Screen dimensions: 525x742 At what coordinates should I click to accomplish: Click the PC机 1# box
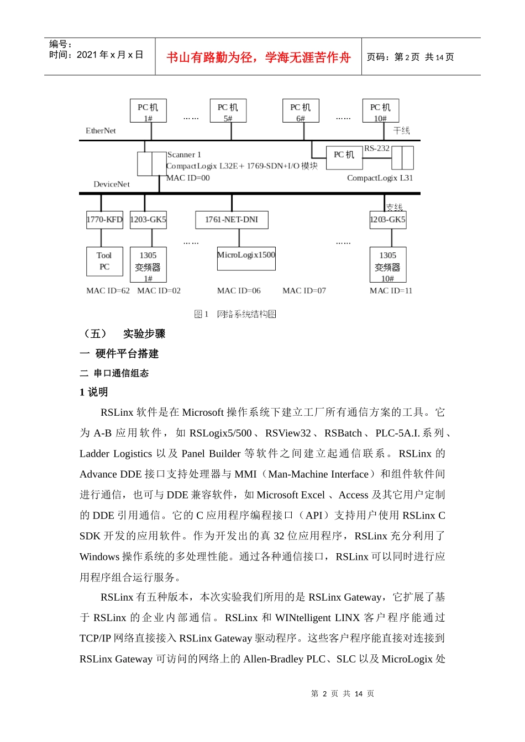[x=148, y=111]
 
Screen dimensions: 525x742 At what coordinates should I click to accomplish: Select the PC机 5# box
[x=228, y=111]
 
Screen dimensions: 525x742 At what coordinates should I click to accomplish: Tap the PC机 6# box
[x=301, y=111]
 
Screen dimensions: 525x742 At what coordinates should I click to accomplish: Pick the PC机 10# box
[x=380, y=111]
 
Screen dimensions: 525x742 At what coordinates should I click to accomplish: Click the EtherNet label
[x=101, y=131]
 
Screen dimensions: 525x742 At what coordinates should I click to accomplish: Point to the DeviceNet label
[x=112, y=184]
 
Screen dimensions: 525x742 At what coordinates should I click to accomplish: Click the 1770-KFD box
[x=104, y=220]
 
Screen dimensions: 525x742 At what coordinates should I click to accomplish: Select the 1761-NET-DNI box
[x=232, y=220]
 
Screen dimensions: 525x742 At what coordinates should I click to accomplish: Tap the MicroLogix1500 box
[x=246, y=258]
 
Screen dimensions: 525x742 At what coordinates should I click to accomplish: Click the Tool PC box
[x=104, y=261]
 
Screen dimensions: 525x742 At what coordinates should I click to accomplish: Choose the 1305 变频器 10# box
[x=387, y=265]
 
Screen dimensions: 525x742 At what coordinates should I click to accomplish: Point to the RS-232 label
[x=377, y=149]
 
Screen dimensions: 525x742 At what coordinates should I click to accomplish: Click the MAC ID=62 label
[x=108, y=291]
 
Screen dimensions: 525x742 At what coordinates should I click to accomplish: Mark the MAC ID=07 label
[x=304, y=291]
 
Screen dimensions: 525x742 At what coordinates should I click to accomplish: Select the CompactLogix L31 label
[x=380, y=178]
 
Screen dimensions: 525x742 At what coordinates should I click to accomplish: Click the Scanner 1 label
[x=184, y=155]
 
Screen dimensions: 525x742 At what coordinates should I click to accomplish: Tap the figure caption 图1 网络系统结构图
[x=235, y=314]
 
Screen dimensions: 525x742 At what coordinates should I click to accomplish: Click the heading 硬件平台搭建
[x=127, y=354]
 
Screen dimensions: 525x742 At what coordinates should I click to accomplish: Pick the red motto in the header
[x=259, y=57]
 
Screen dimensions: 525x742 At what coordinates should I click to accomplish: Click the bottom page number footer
[x=342, y=694]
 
